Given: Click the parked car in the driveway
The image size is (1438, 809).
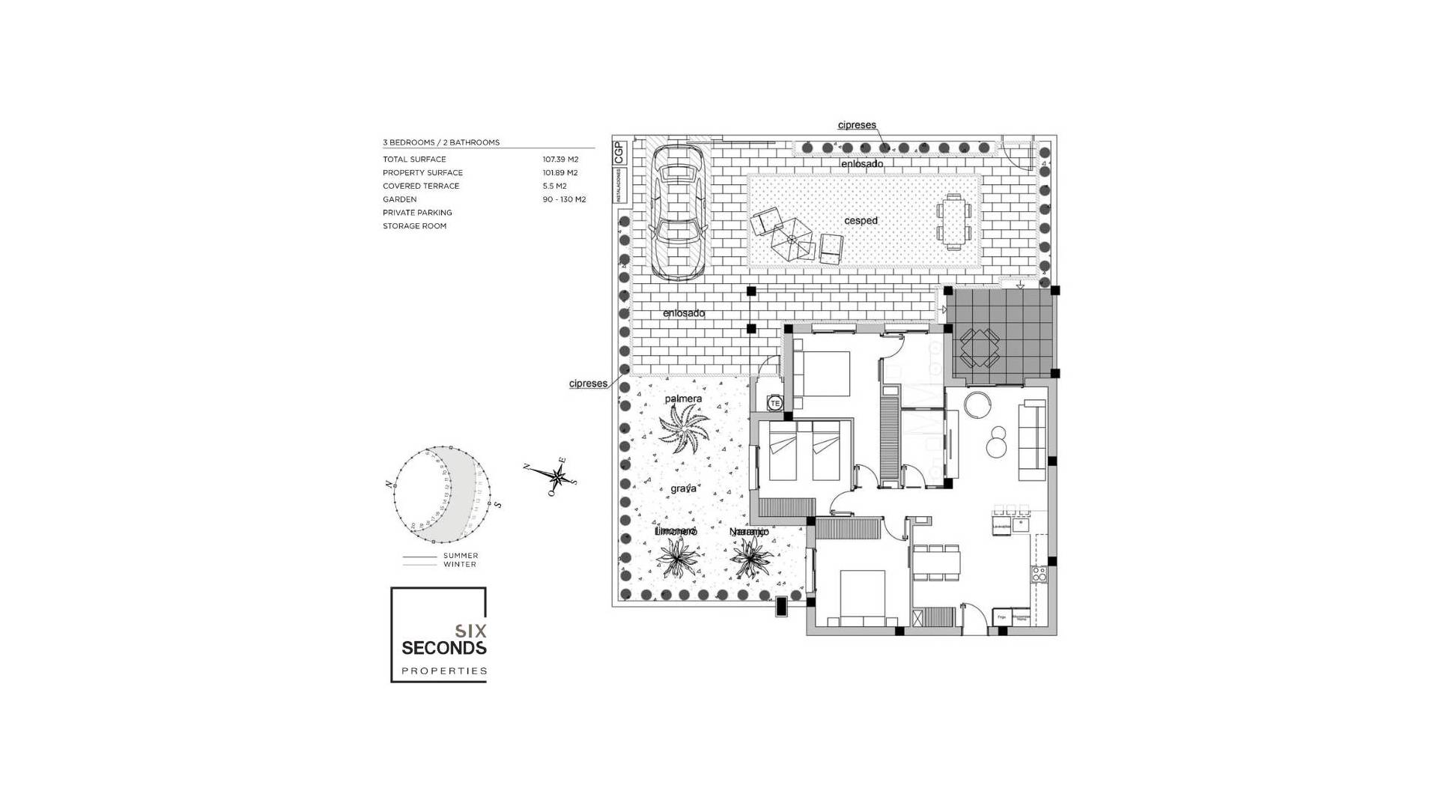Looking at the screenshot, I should click(676, 211).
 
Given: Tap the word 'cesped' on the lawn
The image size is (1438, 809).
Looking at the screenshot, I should click(861, 221).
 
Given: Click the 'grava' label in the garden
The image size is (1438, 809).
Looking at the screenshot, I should click(683, 488).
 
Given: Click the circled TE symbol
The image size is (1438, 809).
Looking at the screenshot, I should click(775, 403).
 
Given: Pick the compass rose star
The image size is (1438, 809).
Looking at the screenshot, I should click(558, 475).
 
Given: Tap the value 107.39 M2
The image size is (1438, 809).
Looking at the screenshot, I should click(560, 160).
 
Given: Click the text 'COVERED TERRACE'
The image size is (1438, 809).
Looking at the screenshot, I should click(421, 186).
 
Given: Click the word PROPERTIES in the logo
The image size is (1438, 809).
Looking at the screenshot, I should click(444, 671).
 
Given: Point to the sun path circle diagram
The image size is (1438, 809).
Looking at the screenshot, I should click(442, 495).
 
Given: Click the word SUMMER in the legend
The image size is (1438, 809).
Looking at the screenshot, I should click(461, 556).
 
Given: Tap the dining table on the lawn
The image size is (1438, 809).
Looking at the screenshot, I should click(954, 222).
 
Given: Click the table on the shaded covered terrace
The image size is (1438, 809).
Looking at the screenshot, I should click(980, 348).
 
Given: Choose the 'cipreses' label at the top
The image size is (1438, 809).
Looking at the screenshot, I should click(857, 125).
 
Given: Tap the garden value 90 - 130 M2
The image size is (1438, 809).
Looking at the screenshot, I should click(564, 199).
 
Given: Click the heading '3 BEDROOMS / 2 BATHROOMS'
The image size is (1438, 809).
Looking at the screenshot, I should click(441, 142).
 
